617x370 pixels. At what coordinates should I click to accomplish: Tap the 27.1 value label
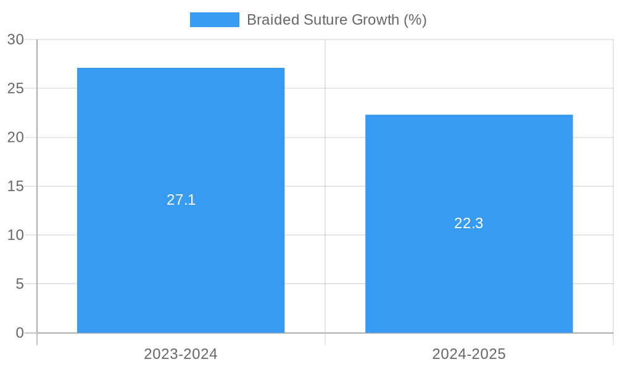click(x=181, y=200)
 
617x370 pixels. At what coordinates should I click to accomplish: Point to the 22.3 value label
click(x=469, y=223)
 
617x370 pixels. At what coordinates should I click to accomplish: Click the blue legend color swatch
click(x=214, y=20)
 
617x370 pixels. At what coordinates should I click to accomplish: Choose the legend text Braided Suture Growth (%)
click(x=336, y=20)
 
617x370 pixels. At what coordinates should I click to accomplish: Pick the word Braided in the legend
click(x=273, y=20)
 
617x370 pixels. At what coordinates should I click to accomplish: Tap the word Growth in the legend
click(x=376, y=20)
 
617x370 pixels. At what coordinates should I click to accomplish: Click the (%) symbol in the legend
click(x=415, y=20)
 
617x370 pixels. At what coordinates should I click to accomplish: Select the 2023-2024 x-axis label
click(x=181, y=354)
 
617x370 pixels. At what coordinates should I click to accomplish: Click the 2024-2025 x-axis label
click(x=469, y=354)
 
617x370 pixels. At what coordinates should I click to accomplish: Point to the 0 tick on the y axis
click(x=19, y=333)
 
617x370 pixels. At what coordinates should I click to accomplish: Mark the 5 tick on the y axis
click(x=19, y=284)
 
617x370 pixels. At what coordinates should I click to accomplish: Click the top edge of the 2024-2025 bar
click(x=469, y=115)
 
